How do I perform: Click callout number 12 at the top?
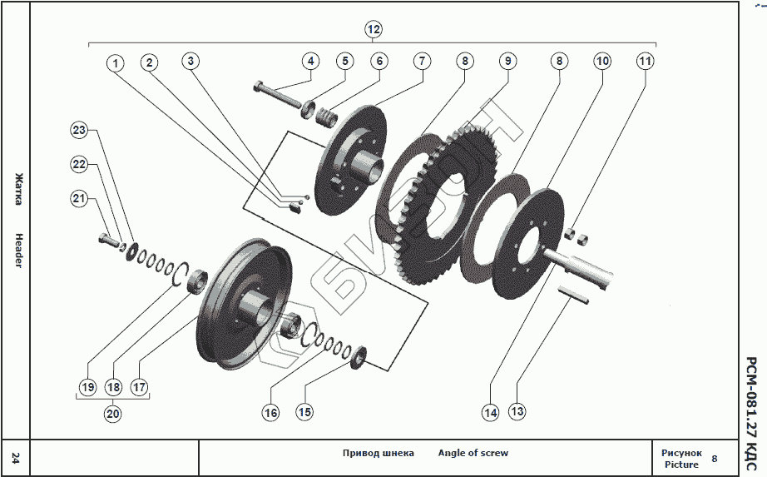(x=374, y=30)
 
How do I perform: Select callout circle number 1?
(x=115, y=62)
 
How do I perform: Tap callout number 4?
(x=310, y=61)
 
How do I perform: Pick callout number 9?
(x=507, y=61)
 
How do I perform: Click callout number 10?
(x=601, y=61)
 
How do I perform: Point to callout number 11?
(x=646, y=61)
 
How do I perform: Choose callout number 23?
(x=79, y=130)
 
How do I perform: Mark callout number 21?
(x=79, y=198)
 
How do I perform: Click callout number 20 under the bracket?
(x=113, y=411)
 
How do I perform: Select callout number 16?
(x=270, y=411)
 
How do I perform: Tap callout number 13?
(x=517, y=411)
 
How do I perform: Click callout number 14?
(x=489, y=411)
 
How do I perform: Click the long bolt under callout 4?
(x=279, y=93)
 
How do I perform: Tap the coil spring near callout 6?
(x=330, y=117)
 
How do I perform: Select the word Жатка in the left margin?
(x=18, y=189)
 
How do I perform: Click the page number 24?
(x=16, y=456)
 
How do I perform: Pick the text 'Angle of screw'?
(x=473, y=453)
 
